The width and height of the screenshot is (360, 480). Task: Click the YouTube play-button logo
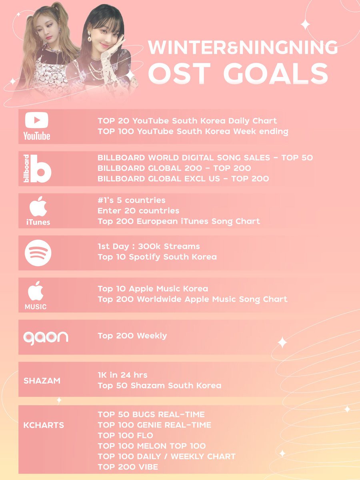(x=36, y=120)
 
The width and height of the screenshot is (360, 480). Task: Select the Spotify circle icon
(x=38, y=252)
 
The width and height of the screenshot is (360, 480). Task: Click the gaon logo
(x=45, y=337)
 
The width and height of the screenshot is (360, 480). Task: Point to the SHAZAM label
(x=42, y=381)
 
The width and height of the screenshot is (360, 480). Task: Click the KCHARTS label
(x=44, y=425)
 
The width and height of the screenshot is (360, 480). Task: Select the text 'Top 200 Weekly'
(x=132, y=336)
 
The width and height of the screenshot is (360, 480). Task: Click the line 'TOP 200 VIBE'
(x=128, y=467)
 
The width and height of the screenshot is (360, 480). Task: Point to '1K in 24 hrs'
(x=122, y=375)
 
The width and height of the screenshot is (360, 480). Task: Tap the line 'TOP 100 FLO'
(x=125, y=435)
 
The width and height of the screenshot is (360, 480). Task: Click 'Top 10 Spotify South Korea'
(x=157, y=257)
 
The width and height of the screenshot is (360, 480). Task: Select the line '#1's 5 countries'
(x=131, y=200)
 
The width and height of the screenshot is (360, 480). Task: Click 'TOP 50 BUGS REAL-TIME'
(x=151, y=414)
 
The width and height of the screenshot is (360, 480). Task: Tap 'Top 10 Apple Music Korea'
(x=153, y=289)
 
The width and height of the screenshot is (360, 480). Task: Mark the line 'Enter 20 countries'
(x=138, y=210)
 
